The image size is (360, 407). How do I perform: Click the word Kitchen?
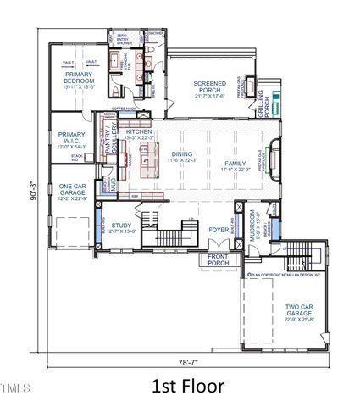tap(139, 133)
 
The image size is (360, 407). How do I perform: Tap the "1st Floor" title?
tap(187, 386)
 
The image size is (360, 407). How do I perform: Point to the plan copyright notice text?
tap(281, 274)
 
